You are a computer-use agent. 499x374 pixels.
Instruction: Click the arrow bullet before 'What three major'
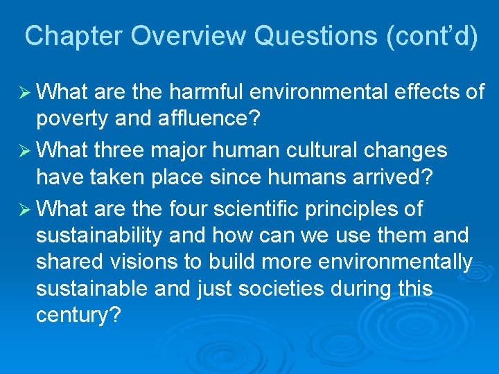[24, 150]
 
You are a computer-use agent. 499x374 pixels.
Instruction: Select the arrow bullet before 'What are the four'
[24, 208]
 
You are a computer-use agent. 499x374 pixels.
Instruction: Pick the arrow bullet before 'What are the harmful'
[24, 91]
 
